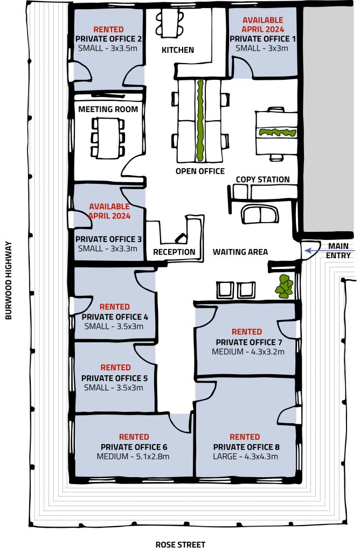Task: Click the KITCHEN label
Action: [178, 50]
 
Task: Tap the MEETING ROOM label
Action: [108, 109]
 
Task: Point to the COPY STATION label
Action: [262, 180]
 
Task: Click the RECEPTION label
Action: [174, 252]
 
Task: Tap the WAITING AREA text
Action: [240, 252]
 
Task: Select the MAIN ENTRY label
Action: [338, 251]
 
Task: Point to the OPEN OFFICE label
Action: [200, 171]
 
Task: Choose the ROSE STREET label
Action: [180, 544]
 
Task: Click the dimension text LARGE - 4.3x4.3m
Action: [245, 457]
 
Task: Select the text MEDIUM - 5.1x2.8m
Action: [134, 457]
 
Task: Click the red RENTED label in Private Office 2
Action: [108, 29]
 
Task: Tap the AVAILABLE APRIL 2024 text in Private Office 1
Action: [262, 25]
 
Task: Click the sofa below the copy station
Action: [260, 214]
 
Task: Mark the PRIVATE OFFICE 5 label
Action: [115, 378]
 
